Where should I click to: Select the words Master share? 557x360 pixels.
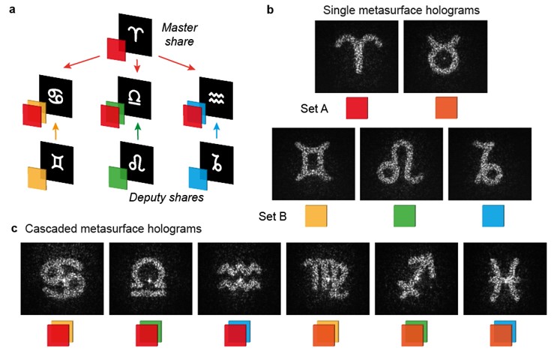(179, 34)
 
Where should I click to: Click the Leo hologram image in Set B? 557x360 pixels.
(403, 163)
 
